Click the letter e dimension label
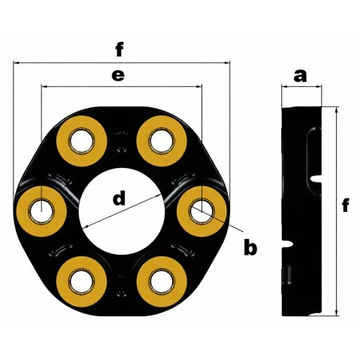[x=118, y=75]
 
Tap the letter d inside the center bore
[x=119, y=198]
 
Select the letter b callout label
[x=250, y=248]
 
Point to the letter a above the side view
[x=300, y=76]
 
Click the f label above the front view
[x=119, y=49]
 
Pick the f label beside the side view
[x=346, y=205]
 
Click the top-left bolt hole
[x=81, y=141]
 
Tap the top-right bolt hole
[x=162, y=141]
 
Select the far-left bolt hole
[x=41, y=211]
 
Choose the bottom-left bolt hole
[x=81, y=282]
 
